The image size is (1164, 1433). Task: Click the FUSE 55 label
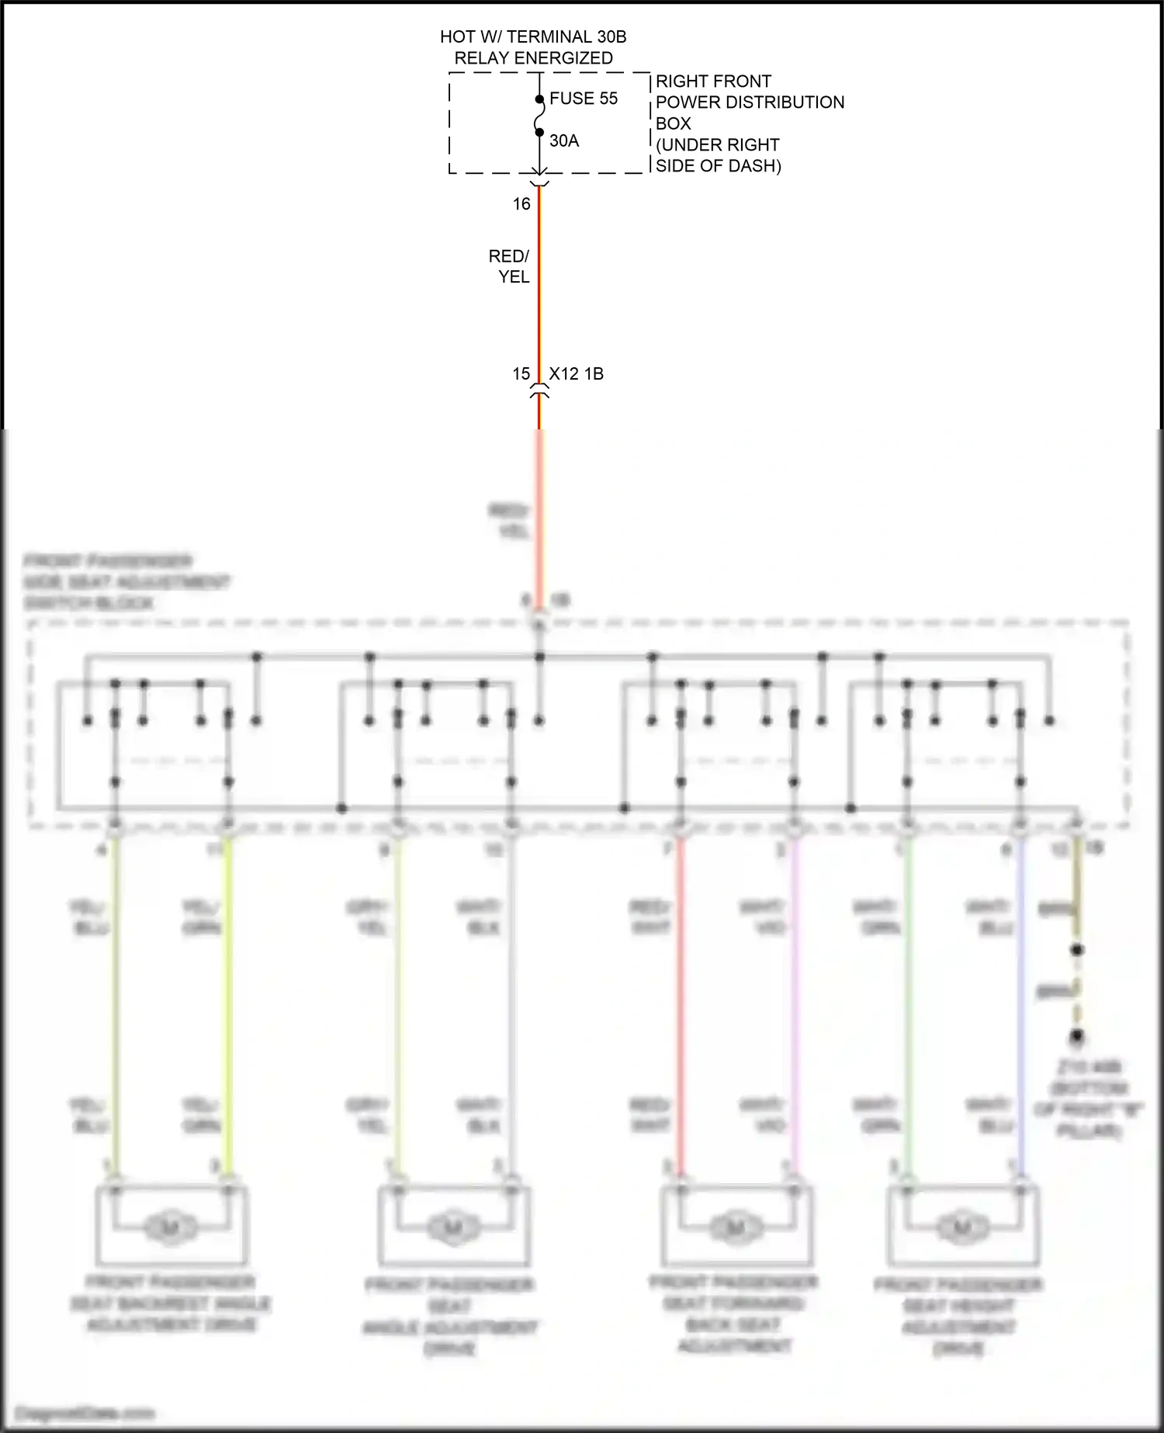coord(584,99)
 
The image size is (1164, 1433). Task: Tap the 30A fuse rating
coord(564,141)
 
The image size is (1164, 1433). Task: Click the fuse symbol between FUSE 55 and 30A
coord(539,116)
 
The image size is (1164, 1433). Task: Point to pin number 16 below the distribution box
coord(521,204)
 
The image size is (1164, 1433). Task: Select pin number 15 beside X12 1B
coord(521,374)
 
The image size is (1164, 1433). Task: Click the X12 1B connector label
coord(577,374)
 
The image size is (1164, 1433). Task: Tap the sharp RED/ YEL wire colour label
coord(510,266)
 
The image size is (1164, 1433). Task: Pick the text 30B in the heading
coord(611,36)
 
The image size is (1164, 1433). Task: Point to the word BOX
coord(673,123)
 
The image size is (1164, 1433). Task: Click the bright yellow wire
coord(228,1009)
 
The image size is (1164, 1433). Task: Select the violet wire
coord(794,1009)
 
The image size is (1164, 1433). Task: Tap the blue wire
coord(1020,1009)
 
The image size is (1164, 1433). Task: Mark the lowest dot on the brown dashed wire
coord(1077,1036)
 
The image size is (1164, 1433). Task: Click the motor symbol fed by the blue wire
coord(961,1228)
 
